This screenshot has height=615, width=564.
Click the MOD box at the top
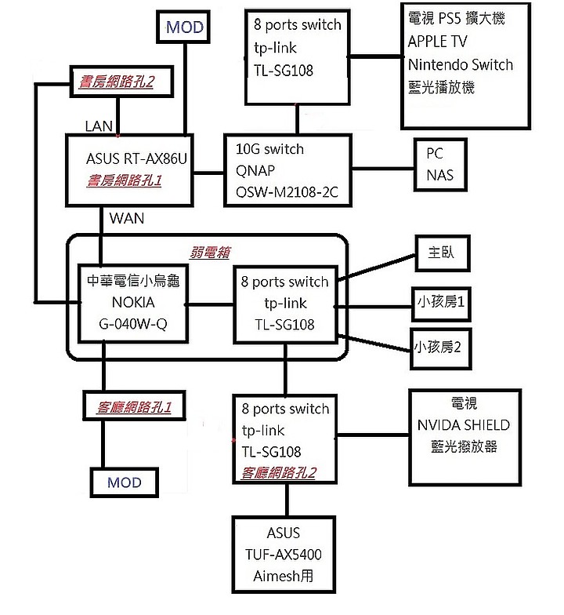(185, 27)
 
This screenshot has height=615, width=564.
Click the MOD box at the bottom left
(125, 482)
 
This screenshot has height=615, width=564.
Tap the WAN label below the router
(127, 218)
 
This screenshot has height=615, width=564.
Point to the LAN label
(99, 126)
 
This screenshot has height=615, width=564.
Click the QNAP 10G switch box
(287, 170)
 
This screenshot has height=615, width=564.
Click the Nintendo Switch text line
(460, 64)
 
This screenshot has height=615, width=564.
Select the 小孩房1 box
(442, 303)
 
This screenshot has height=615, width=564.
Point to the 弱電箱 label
(211, 253)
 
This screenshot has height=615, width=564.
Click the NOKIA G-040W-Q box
(134, 303)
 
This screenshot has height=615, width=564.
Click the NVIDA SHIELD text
(464, 425)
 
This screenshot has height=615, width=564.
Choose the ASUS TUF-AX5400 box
(283, 554)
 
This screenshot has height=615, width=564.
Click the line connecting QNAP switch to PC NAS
(383, 167)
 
